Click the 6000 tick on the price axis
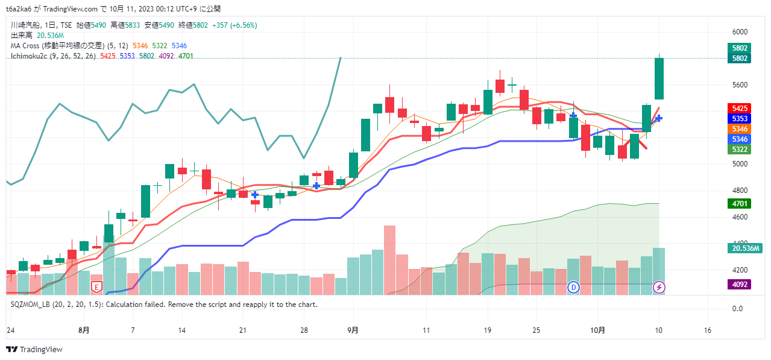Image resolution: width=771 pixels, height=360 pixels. (x=740, y=32)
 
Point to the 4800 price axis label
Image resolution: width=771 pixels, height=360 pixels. (x=740, y=191)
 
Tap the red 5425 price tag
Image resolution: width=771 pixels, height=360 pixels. (x=740, y=109)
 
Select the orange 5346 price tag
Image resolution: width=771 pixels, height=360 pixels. (x=740, y=129)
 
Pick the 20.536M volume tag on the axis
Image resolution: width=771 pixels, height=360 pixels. (x=745, y=248)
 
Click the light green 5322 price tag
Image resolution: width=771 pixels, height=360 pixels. (x=740, y=149)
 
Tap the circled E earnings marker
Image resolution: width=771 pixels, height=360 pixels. (x=96, y=286)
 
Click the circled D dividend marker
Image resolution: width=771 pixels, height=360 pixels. (x=573, y=287)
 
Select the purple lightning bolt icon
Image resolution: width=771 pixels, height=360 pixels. (x=659, y=287)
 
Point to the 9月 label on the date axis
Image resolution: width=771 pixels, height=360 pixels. (x=353, y=330)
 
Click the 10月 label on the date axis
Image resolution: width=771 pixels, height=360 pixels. (x=597, y=330)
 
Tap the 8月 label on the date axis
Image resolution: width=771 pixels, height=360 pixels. (x=84, y=330)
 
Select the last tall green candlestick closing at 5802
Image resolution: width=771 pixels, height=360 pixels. (x=659, y=78)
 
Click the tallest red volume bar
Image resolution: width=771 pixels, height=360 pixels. (x=389, y=259)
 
